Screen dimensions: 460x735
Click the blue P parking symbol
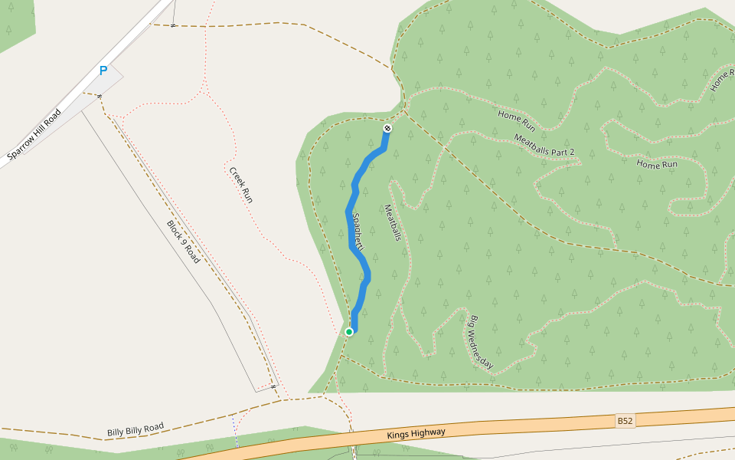click(103, 71)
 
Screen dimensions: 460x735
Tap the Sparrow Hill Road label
click(34, 135)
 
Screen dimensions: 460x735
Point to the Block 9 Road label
click(184, 242)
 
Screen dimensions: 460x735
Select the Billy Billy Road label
click(136, 429)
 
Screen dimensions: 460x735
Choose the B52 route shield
click(626, 421)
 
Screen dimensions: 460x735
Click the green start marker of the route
click(349, 332)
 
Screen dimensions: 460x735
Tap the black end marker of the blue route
click(387, 128)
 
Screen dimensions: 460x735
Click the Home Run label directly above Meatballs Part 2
click(516, 119)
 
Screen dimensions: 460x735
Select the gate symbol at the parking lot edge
click(100, 96)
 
